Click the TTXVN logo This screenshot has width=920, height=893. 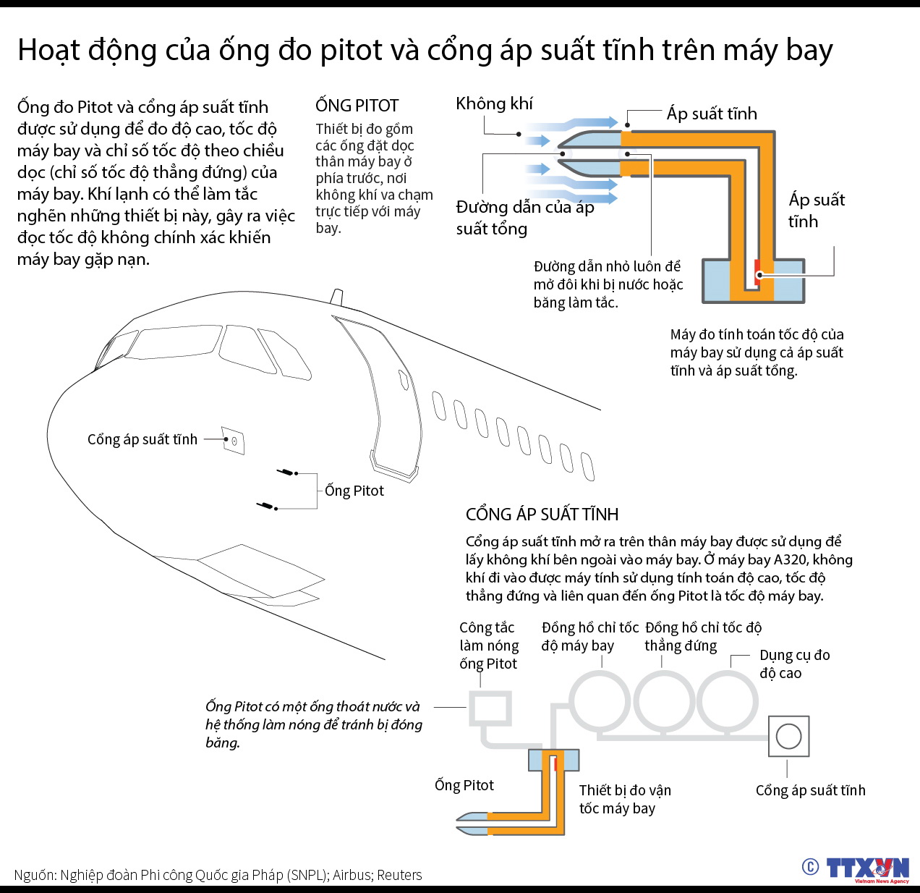[x=867, y=869]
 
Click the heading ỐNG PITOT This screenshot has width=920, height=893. [x=357, y=106]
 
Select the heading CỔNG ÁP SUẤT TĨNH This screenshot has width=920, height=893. [x=542, y=514]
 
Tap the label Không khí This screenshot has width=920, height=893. [x=494, y=103]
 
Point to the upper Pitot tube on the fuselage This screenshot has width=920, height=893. [x=286, y=472]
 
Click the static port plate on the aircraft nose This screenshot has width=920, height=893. [x=233, y=441]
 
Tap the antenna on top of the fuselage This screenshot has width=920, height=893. [x=336, y=297]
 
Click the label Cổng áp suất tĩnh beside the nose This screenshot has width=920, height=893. [x=142, y=439]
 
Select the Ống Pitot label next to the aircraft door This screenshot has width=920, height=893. [x=354, y=491]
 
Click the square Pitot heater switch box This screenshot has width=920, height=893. [x=490, y=708]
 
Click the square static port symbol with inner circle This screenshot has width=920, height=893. [x=788, y=737]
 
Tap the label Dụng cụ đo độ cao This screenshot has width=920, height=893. [x=794, y=664]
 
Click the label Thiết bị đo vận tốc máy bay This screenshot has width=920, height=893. [x=625, y=799]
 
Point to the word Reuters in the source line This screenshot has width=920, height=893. [x=399, y=875]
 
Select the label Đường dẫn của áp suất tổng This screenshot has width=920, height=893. [x=525, y=218]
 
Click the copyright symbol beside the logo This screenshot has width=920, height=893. [x=810, y=866]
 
